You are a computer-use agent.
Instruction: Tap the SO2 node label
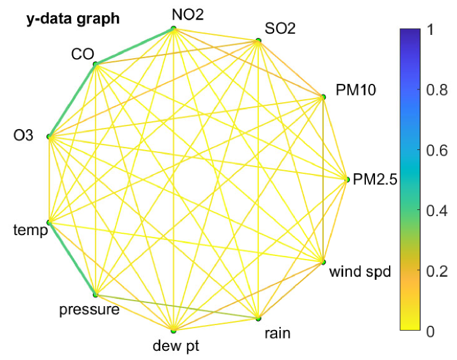point(280,28)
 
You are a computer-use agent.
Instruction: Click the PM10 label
point(355,91)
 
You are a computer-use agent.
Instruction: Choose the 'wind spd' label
point(359,271)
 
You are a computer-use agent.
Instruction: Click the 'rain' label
point(277,333)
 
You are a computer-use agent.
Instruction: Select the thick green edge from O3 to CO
point(72,100)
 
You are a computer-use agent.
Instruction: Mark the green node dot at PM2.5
point(347,179)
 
